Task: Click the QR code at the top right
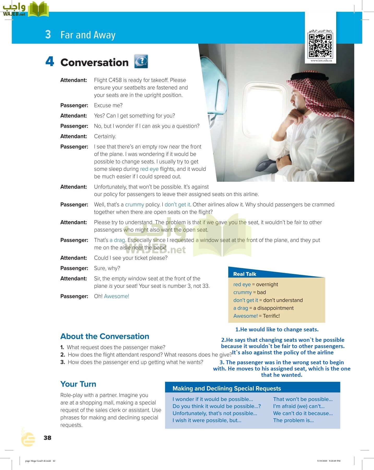[320, 45]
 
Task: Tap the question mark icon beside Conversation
[141, 61]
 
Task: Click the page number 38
[47, 438]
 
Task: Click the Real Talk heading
[245, 274]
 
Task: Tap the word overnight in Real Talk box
[267, 284]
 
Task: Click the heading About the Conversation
[105, 336]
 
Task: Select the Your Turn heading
[78, 384]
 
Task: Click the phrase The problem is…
[293, 420]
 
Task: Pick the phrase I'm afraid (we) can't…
[299, 406]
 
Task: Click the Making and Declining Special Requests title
[227, 389]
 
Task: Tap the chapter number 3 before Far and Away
[48, 35]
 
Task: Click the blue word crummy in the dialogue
[134, 205]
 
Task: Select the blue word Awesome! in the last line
[116, 296]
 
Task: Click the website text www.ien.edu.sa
[321, 61]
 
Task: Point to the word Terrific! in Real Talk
[271, 316]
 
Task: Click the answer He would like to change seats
[277, 330]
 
